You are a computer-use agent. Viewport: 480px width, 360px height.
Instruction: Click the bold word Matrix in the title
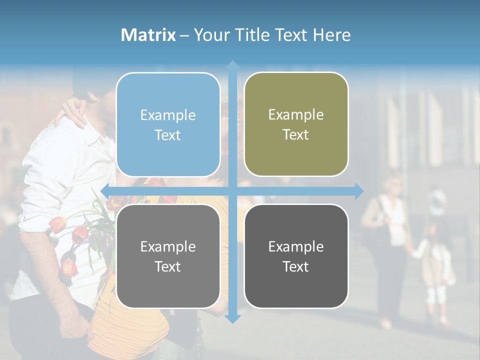tap(148, 35)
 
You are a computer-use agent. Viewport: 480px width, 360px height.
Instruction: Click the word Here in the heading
tap(332, 35)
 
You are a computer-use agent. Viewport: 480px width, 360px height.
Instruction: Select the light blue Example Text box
tap(168, 124)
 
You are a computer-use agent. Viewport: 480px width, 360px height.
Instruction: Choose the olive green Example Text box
tap(296, 124)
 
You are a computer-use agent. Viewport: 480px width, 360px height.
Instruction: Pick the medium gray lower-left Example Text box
tap(168, 256)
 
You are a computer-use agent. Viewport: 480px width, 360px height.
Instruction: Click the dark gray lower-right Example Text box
tap(296, 256)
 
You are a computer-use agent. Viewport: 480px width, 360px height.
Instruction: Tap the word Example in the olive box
tap(296, 114)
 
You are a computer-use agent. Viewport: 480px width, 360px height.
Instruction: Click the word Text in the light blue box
tap(168, 135)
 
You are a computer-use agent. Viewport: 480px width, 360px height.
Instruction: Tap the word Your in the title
tap(212, 35)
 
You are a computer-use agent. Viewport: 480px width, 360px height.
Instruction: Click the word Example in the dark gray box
tap(296, 246)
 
